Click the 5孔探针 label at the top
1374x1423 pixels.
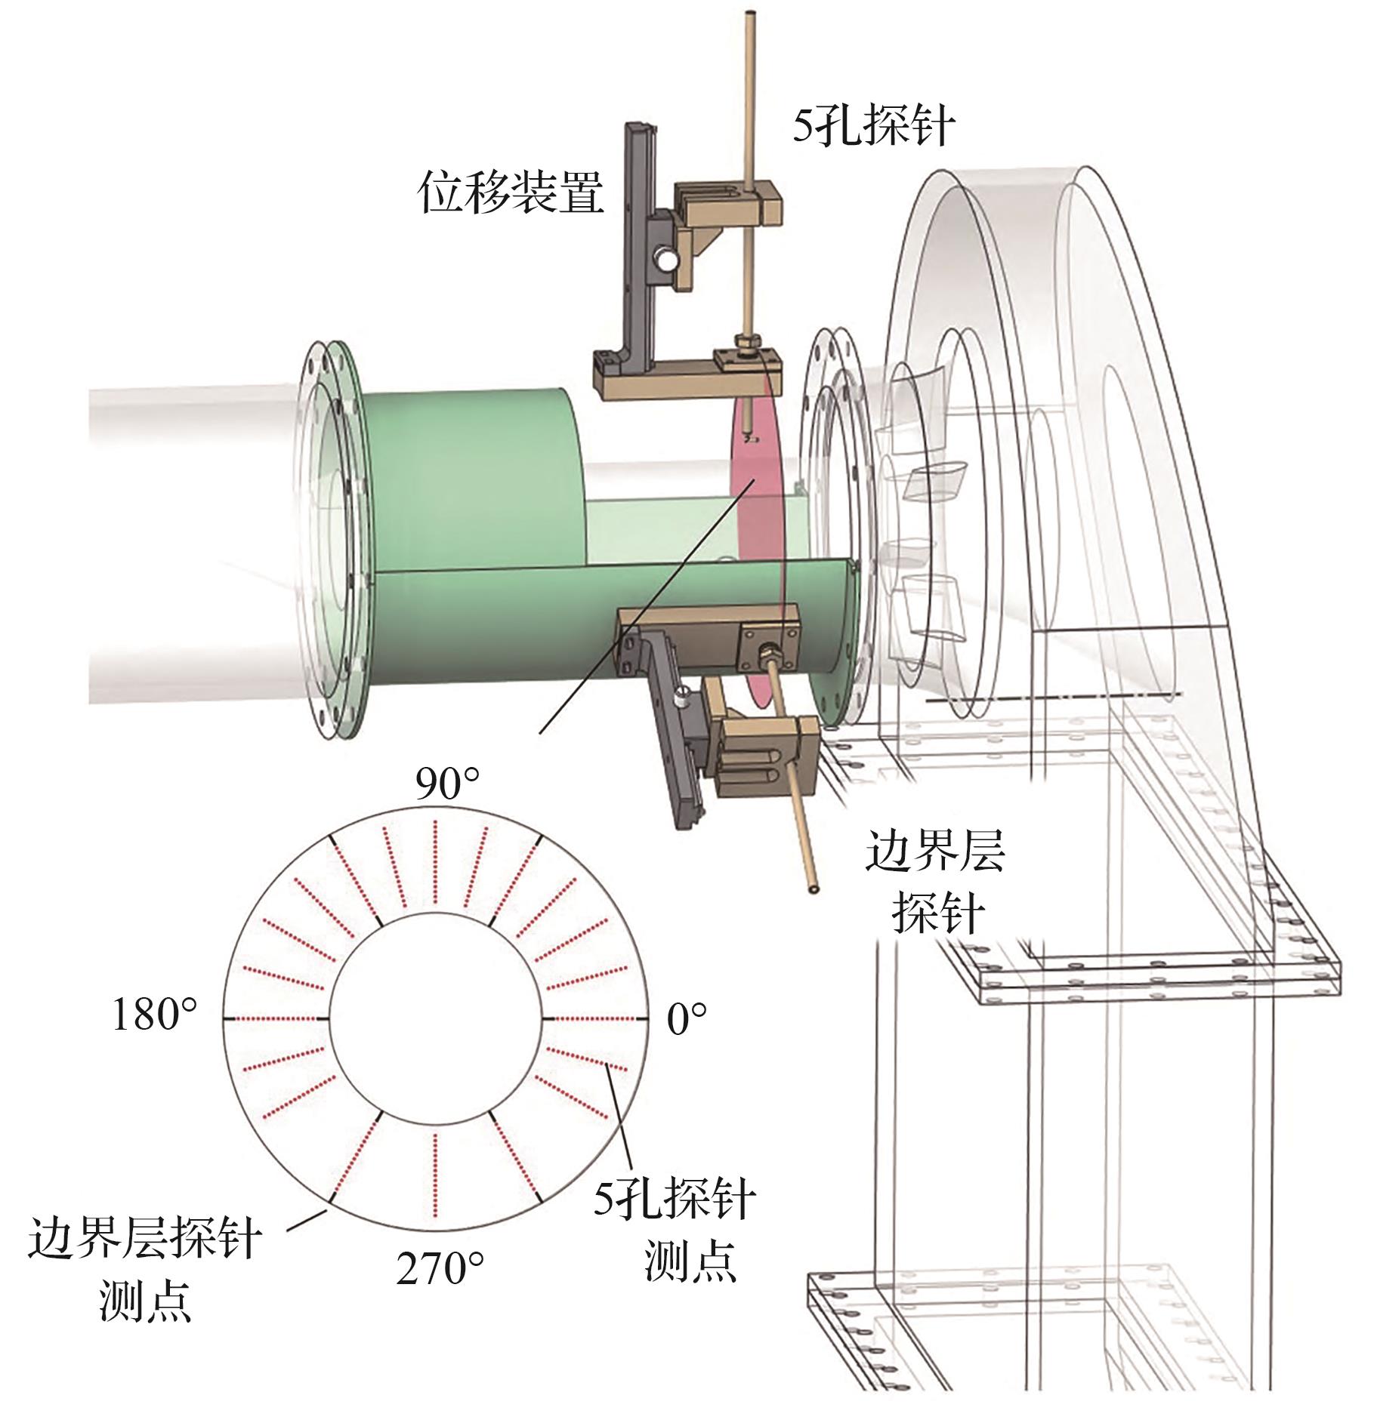click(873, 126)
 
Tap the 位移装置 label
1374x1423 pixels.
click(512, 192)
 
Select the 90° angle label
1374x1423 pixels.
click(447, 785)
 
